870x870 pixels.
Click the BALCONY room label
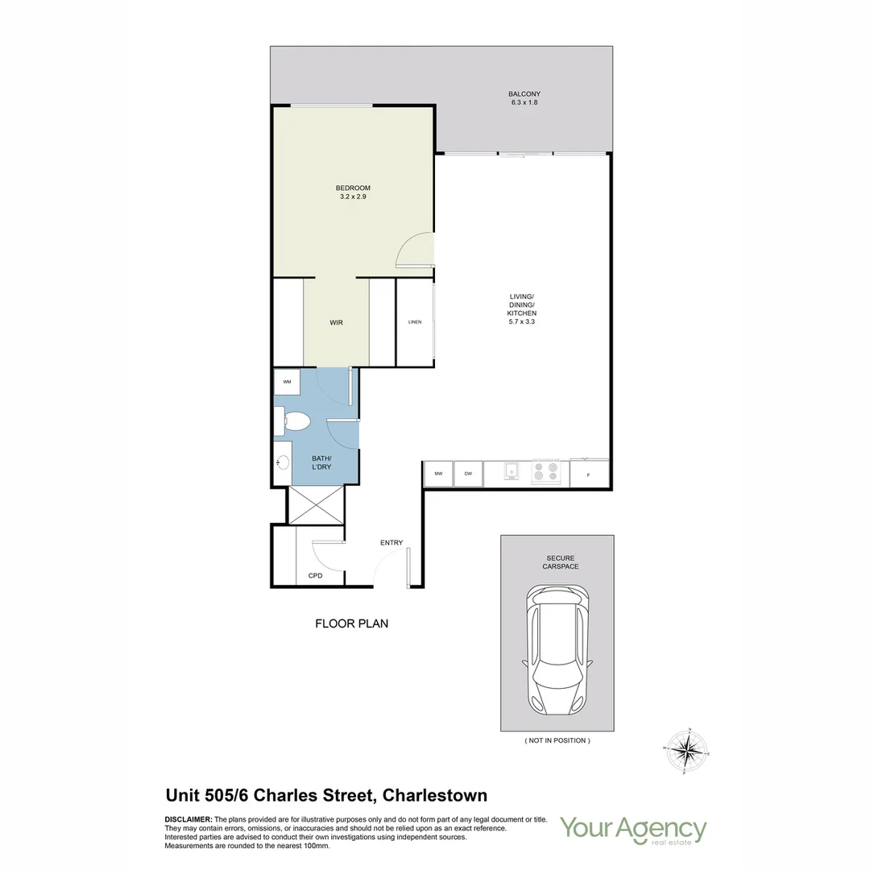click(524, 94)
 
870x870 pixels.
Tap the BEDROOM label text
click(353, 188)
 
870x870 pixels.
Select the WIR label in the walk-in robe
click(336, 322)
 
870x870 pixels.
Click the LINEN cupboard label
click(415, 322)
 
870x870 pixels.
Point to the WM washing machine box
click(287, 382)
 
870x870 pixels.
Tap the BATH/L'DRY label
click(322, 463)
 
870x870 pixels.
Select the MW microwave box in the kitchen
click(438, 474)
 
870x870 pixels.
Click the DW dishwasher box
click(468, 474)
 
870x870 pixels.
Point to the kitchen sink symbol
click(511, 471)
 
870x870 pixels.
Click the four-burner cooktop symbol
click(545, 471)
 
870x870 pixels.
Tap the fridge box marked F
click(588, 475)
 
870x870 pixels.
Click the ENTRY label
click(391, 543)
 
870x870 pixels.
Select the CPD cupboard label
click(316, 576)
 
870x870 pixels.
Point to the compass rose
click(686, 751)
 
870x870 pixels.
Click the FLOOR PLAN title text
click(351, 623)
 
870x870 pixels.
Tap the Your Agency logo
click(633, 830)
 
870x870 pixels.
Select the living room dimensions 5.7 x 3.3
click(522, 321)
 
